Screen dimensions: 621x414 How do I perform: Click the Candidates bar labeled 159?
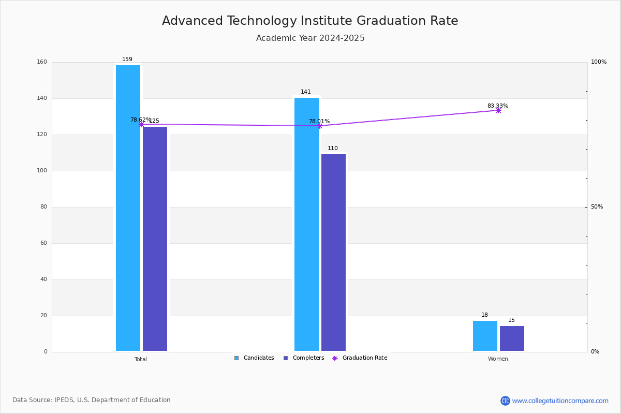coord(128,208)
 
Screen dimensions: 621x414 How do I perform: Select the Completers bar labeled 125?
coord(155,239)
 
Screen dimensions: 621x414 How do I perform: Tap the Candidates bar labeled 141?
coord(306,224)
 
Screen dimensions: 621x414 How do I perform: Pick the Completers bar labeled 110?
coord(333,253)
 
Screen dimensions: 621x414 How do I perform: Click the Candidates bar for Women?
coord(485,336)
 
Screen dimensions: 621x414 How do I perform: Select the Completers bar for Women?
coord(512,338)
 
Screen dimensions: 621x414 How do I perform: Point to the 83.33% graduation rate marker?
coord(498,111)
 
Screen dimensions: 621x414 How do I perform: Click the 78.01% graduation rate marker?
coord(320,126)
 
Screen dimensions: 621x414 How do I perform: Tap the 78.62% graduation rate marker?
coord(141,125)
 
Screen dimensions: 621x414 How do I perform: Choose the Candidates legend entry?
coord(254,358)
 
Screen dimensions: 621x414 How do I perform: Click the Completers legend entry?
coord(304,358)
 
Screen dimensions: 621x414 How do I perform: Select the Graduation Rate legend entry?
coord(360,358)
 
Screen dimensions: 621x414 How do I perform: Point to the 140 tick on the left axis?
coord(42,98)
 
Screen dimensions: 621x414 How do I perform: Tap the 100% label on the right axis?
coord(599,62)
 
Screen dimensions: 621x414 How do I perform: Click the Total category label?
coord(141,359)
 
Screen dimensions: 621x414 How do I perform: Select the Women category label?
coord(498,359)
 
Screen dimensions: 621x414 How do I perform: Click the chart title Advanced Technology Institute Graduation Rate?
coord(310,21)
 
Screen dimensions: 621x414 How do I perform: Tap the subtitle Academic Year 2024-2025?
coord(310,38)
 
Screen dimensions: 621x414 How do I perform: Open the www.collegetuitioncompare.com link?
coord(560,401)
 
